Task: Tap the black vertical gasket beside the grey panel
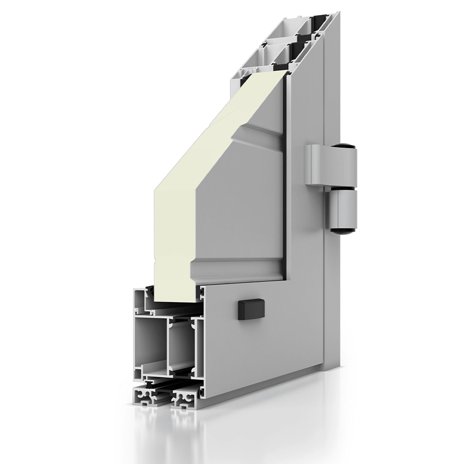point(284,170)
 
